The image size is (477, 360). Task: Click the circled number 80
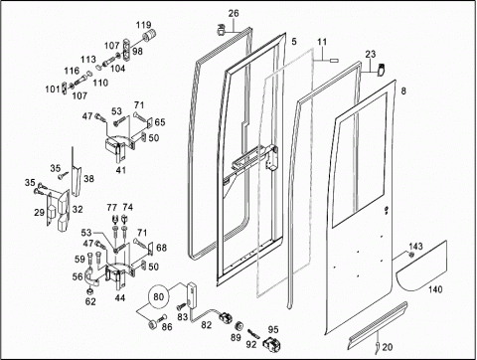159,296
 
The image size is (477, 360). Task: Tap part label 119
144,25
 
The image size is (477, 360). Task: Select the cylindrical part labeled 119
150,35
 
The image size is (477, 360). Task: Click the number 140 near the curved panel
435,289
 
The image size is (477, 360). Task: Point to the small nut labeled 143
411,255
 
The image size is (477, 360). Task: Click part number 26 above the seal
234,14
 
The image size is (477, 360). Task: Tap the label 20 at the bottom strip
388,347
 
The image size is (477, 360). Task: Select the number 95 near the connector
273,329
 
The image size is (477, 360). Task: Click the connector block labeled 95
272,343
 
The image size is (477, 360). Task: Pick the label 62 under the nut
90,301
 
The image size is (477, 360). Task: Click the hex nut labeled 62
89,291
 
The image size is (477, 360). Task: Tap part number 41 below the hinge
121,170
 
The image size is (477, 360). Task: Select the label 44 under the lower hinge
119,298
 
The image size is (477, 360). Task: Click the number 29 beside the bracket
39,212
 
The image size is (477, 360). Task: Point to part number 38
88,179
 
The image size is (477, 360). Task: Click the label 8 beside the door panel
403,90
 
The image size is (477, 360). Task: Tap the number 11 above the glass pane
322,42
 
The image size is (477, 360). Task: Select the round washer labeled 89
238,326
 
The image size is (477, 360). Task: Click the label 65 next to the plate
160,122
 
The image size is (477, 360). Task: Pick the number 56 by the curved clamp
78,276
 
